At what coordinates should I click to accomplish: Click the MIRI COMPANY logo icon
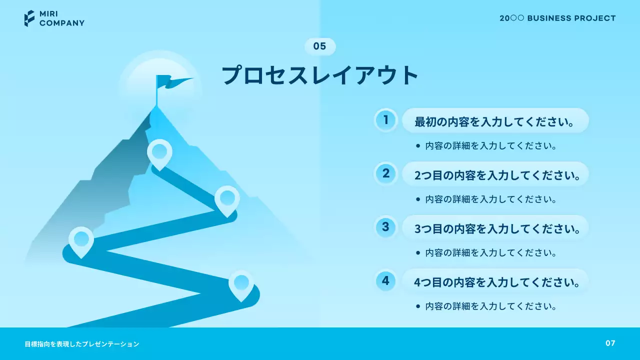click(29, 18)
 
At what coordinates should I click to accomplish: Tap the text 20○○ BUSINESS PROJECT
click(557, 18)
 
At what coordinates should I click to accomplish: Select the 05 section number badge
click(320, 46)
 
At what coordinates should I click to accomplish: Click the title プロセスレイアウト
click(320, 75)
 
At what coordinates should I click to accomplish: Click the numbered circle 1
click(386, 120)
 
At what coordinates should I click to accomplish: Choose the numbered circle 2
click(386, 173)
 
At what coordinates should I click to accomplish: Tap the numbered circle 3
click(386, 227)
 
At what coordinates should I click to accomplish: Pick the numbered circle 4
click(386, 280)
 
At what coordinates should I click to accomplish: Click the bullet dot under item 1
click(418, 146)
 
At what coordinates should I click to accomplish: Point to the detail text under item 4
click(491, 306)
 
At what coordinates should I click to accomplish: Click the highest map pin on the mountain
click(159, 152)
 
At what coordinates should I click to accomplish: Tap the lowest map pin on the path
click(241, 283)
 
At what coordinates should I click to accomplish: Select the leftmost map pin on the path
click(81, 240)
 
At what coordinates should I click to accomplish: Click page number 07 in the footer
click(610, 343)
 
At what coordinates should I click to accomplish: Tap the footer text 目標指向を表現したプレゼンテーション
click(82, 344)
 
